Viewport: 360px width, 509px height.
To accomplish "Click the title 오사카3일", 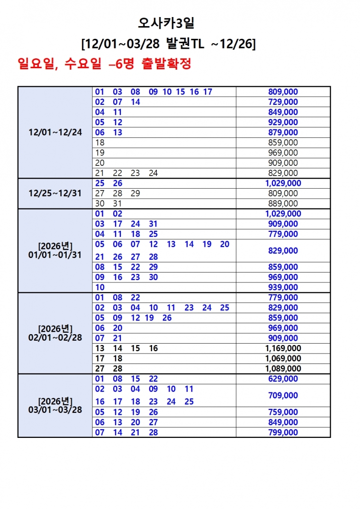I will pos(169,23).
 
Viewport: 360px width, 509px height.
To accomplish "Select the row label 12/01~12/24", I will pos(55,132).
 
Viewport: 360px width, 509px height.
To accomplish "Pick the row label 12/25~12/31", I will pos(55,193).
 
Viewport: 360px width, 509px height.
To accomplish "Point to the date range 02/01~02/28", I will pos(55,338).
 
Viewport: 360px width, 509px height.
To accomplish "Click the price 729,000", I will pos(283,102).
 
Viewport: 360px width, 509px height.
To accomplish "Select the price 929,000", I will pos(283,122).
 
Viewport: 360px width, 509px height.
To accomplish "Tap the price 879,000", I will pos(283,132).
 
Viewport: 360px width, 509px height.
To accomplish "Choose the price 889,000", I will pos(283,203).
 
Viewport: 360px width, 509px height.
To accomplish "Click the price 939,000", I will pos(283,287).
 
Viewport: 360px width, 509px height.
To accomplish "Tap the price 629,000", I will pos(283,379).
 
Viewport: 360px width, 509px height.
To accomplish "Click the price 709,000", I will pos(283,395).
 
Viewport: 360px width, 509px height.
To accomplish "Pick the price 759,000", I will pos(283,412).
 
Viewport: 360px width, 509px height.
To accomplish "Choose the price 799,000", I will pos(283,432).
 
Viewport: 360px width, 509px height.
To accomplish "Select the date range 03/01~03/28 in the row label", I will pos(55,409).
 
